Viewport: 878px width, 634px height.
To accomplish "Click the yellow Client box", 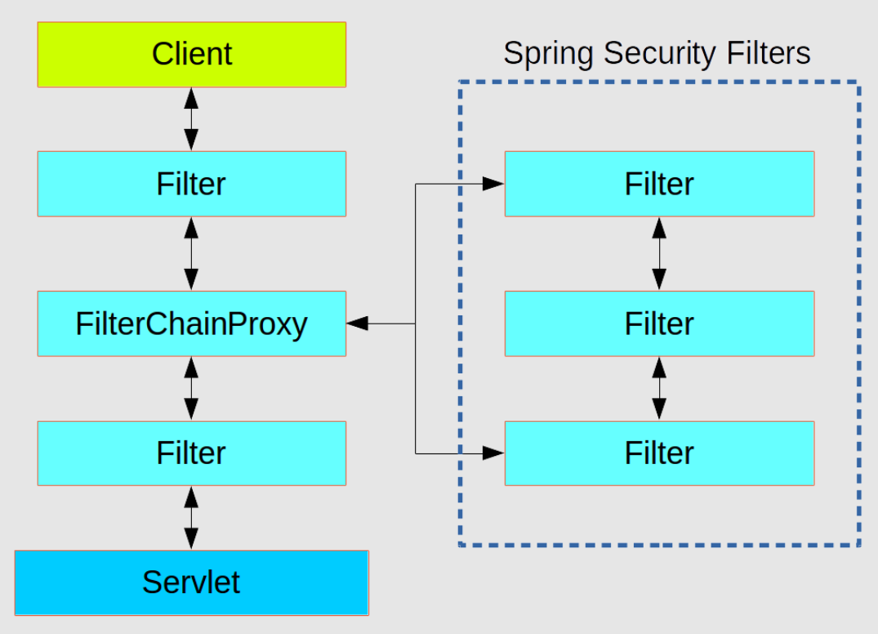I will [x=192, y=54].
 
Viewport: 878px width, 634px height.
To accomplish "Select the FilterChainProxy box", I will [x=192, y=324].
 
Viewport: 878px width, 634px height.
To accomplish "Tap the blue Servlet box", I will [x=192, y=583].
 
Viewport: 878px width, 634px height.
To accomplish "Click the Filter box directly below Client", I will [x=192, y=184].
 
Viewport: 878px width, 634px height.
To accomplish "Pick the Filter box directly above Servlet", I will [x=192, y=453].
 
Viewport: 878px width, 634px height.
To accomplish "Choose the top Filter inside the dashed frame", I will [x=659, y=184].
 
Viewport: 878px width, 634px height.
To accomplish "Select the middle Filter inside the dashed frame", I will [x=659, y=324].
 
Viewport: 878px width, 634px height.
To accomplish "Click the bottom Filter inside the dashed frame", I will [x=659, y=453].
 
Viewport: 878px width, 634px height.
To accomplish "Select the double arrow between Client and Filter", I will [x=191, y=118].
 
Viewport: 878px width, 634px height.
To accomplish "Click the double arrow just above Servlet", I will [x=191, y=518].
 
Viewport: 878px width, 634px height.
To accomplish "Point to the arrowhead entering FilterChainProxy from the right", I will [x=358, y=324].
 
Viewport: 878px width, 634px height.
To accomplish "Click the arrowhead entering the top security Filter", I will [x=492, y=184].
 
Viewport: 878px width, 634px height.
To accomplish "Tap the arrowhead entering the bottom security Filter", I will [x=492, y=452].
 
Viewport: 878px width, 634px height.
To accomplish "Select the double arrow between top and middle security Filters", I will [x=659, y=253].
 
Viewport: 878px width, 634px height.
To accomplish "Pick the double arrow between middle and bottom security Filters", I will [x=659, y=388].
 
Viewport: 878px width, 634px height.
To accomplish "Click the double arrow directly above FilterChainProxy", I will [x=191, y=253].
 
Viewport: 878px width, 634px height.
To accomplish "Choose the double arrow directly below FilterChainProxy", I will [x=191, y=388].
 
